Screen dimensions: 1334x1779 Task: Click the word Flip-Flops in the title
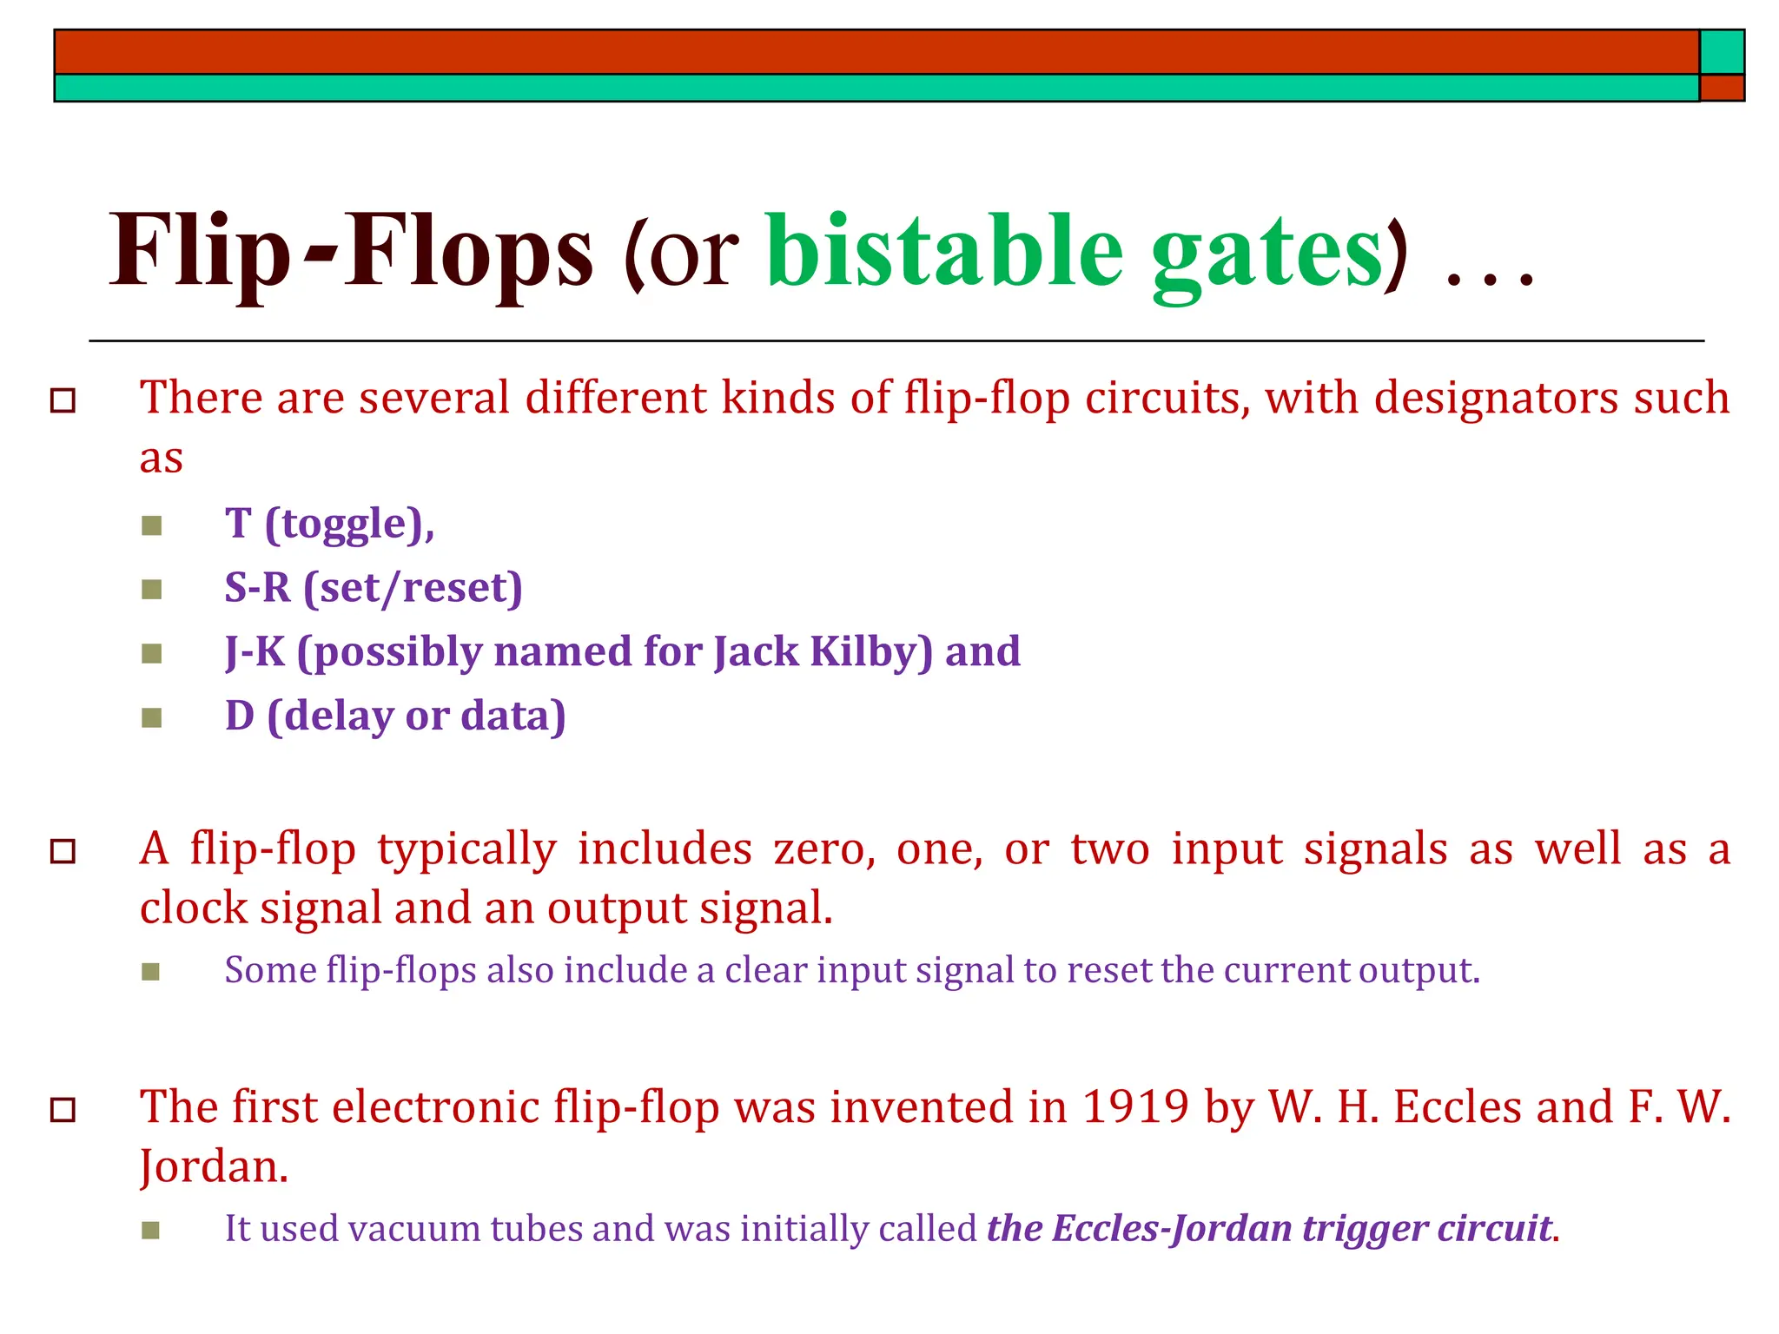tap(350, 252)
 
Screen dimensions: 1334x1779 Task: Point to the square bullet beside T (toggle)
tap(152, 525)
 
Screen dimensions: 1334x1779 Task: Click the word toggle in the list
tap(345, 525)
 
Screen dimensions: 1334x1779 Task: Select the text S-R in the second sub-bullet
tap(257, 588)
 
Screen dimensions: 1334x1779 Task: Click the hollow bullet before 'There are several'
tap(63, 401)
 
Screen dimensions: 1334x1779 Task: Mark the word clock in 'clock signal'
tap(194, 908)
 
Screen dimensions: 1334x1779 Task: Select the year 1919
tap(1135, 1107)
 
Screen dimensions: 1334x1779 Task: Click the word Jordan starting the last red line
tap(214, 1166)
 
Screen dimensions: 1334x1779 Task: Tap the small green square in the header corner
tap(1722, 52)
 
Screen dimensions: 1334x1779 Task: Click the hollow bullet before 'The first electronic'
tap(63, 1110)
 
